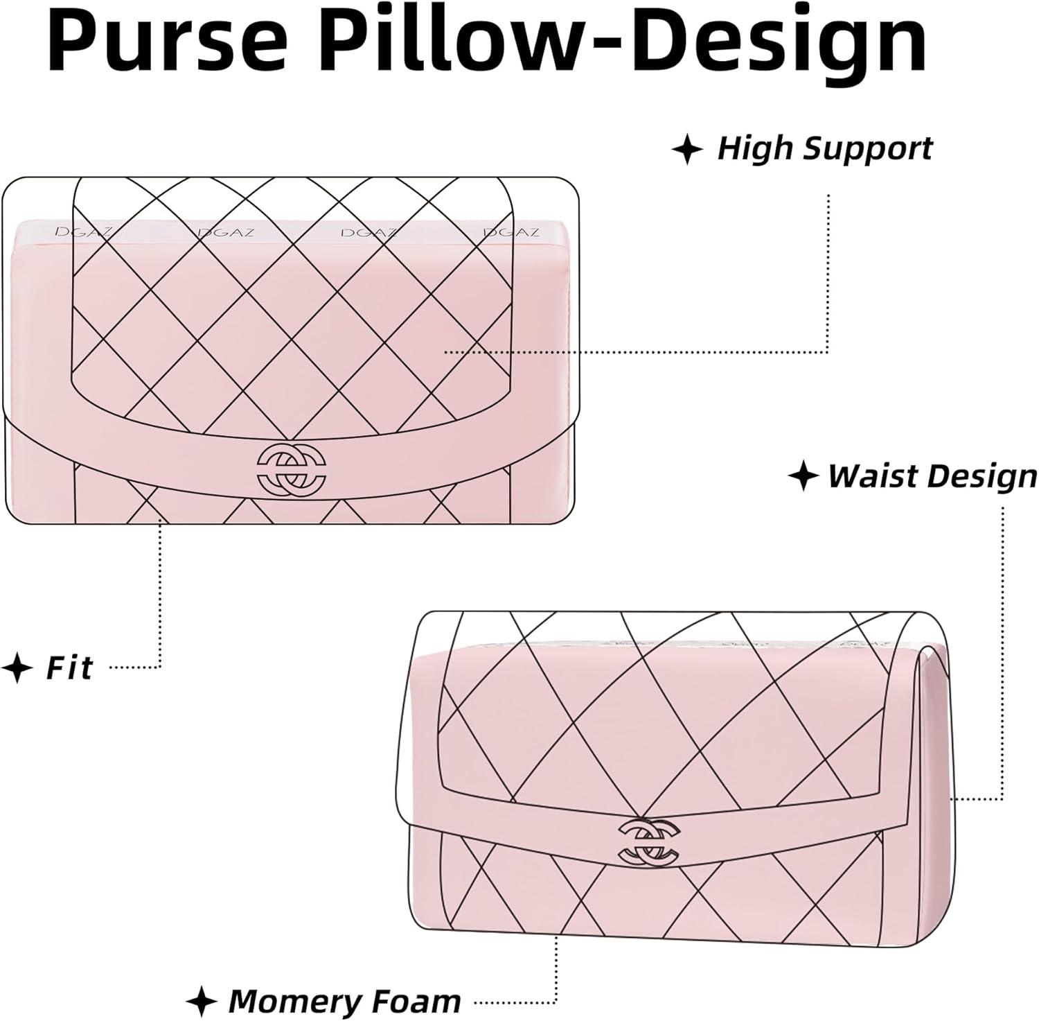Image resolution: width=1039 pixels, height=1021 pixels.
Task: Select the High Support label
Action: click(824, 149)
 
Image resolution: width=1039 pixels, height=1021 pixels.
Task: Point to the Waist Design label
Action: click(932, 476)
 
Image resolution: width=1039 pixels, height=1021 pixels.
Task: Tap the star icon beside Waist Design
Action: click(803, 477)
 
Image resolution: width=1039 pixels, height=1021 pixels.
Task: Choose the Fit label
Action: click(69, 668)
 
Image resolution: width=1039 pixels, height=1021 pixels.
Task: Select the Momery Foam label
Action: click(344, 1001)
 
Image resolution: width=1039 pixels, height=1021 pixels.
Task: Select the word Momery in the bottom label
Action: click(294, 1001)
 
